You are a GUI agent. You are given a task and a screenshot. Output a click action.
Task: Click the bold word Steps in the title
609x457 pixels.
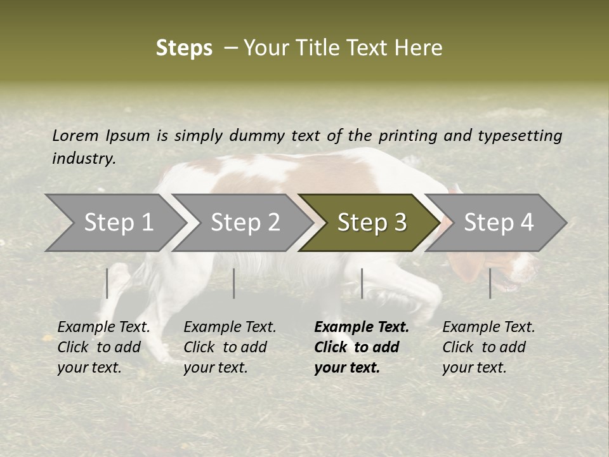184,48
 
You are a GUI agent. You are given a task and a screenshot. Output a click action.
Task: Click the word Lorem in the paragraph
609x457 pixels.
75,135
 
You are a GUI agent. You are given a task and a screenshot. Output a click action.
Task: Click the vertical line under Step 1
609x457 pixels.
107,283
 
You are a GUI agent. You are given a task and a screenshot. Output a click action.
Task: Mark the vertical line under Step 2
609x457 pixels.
234,283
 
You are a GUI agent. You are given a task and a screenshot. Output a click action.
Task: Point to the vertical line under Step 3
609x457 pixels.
362,283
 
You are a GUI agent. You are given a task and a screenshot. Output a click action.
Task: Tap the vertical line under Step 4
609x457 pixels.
490,283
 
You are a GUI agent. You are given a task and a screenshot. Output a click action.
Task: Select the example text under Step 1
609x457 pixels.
103,347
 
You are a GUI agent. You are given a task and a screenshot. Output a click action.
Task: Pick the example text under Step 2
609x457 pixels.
230,347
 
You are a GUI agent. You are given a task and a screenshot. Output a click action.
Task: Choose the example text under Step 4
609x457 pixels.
488,347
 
